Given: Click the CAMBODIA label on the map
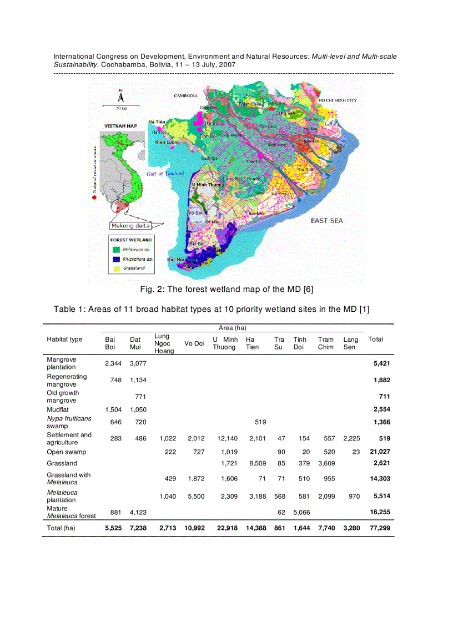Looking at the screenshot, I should tap(186, 96).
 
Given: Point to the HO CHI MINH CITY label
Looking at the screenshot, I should tap(338, 100).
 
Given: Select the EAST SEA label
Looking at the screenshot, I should tap(326, 221).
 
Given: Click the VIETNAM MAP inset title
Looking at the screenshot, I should tap(121, 126).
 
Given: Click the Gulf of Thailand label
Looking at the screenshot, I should tap(165, 174).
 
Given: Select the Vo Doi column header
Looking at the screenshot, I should tap(194, 343).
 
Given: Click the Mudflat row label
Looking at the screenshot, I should tap(58, 409).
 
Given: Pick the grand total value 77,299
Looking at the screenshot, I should tap(380, 529).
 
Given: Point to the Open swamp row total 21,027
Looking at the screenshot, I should tap(380, 452).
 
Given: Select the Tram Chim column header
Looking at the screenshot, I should tap(326, 343).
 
